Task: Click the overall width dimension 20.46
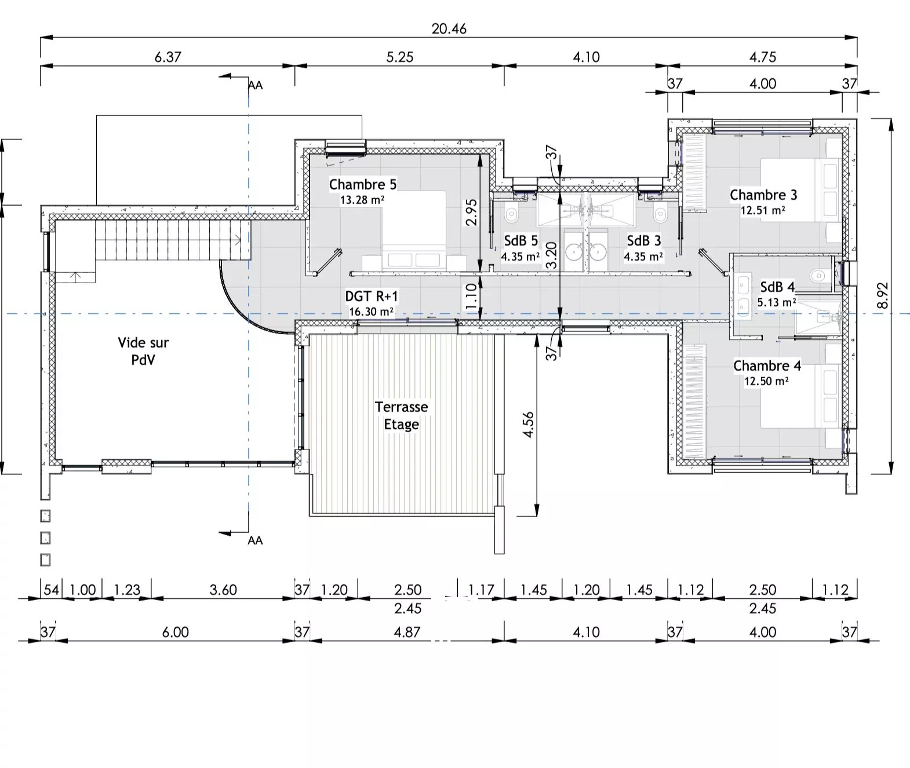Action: [x=449, y=28]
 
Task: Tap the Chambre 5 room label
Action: [x=363, y=185]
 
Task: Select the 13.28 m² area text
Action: [x=363, y=200]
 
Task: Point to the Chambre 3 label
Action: [x=763, y=195]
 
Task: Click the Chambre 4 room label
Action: [x=767, y=366]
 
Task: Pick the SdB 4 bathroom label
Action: [x=777, y=287]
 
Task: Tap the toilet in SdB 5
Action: [x=511, y=215]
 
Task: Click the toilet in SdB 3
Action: [x=659, y=215]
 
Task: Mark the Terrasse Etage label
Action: [x=401, y=416]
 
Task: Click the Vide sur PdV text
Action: [x=143, y=351]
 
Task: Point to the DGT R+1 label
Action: [x=372, y=297]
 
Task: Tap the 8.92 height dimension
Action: [x=882, y=295]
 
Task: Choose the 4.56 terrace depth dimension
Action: [x=528, y=425]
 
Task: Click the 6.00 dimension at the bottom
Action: [x=175, y=632]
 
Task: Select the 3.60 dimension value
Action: [x=223, y=590]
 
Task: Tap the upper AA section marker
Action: [x=254, y=85]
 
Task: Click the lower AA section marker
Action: [x=254, y=540]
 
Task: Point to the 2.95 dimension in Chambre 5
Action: [x=471, y=212]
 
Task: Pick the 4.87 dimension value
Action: [x=407, y=632]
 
